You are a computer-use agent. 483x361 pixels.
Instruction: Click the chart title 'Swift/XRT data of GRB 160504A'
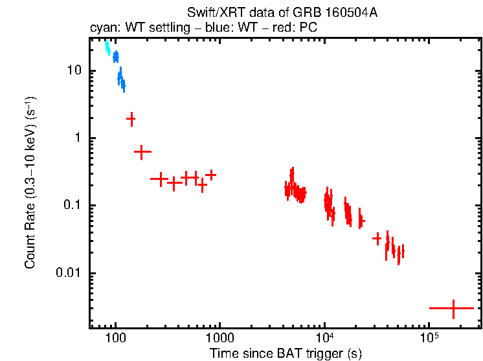pos(282,13)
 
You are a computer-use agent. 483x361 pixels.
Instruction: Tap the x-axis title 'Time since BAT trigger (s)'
pos(286,353)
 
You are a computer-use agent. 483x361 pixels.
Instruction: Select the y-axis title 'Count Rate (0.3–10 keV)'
pos(30,182)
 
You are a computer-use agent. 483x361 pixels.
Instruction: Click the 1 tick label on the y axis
pos(79,138)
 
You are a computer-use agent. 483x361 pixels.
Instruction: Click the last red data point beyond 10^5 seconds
pos(453,309)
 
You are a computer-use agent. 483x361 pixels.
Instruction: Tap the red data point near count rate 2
pos(131,118)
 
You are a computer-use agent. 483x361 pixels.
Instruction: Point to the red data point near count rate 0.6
pos(142,151)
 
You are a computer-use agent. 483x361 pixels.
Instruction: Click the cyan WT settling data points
pos(107,47)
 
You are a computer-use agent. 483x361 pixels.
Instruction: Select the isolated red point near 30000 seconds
pos(377,239)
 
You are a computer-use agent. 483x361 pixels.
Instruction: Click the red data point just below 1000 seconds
pos(210,175)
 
